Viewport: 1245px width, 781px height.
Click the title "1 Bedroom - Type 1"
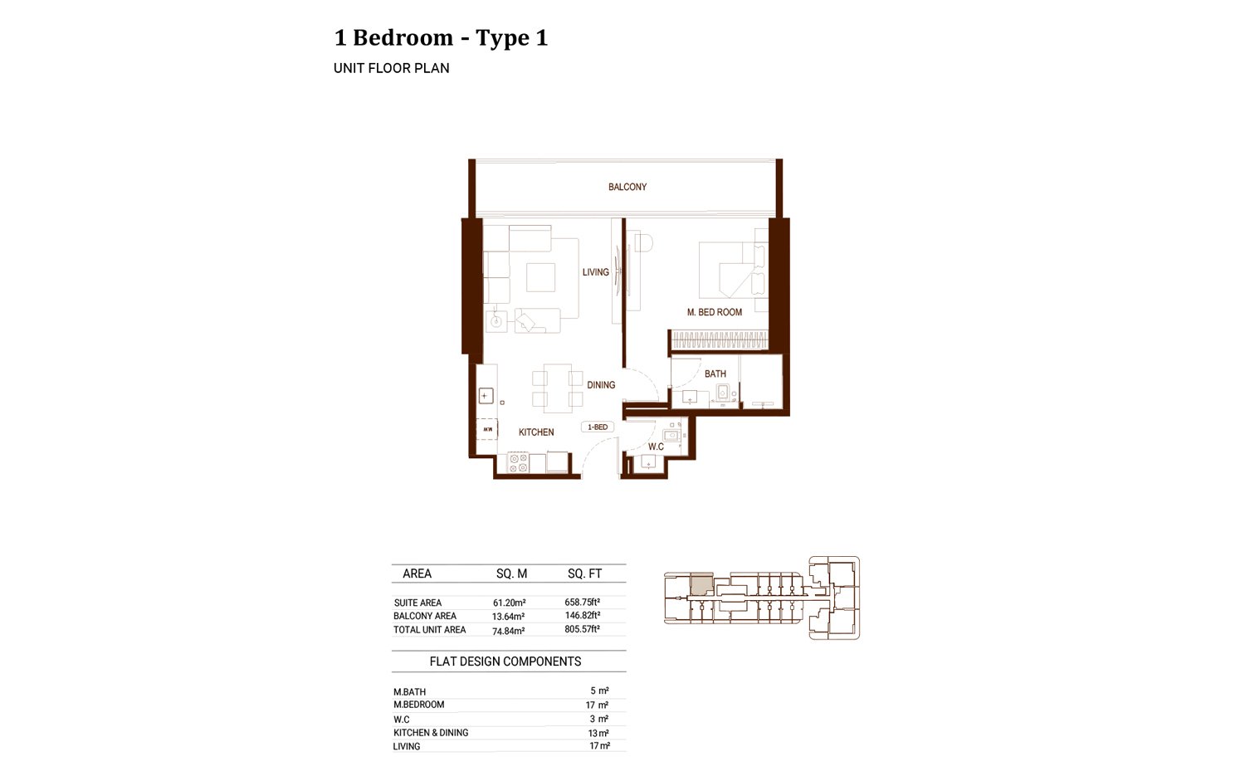[x=441, y=38]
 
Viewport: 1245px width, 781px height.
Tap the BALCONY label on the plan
[x=627, y=187]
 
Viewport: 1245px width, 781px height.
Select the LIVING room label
[x=595, y=272]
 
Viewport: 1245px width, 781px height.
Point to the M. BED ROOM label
[x=714, y=312]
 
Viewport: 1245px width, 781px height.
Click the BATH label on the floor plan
[x=715, y=374]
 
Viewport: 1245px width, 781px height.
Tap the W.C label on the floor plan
[x=656, y=447]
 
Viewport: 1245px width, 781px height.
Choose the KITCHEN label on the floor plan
[x=536, y=432]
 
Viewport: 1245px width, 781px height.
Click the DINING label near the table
[x=601, y=385]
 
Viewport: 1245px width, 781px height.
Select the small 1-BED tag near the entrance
[x=598, y=427]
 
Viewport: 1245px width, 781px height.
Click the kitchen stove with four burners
[x=519, y=463]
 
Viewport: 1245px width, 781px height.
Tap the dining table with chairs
[x=557, y=388]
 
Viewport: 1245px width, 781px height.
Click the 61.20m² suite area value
[x=509, y=603]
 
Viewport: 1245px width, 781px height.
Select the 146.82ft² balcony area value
[x=582, y=616]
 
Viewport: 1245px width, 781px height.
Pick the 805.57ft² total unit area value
[x=582, y=629]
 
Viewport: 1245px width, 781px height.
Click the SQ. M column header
[x=511, y=574]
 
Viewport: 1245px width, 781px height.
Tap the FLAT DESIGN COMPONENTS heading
[x=505, y=661]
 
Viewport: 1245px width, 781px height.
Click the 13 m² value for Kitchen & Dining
[x=598, y=733]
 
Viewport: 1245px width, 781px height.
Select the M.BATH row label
[x=409, y=691]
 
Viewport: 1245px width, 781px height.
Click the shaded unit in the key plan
[x=701, y=583]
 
